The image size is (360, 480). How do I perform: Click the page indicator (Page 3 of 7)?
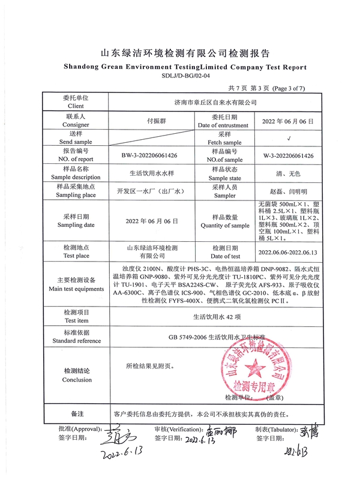[x=289, y=89]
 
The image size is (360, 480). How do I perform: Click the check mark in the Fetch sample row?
[x=289, y=137]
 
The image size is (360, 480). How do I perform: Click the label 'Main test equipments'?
[x=76, y=289]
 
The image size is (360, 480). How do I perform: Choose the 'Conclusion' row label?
[x=76, y=380]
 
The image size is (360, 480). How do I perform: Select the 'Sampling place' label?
[x=76, y=195]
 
